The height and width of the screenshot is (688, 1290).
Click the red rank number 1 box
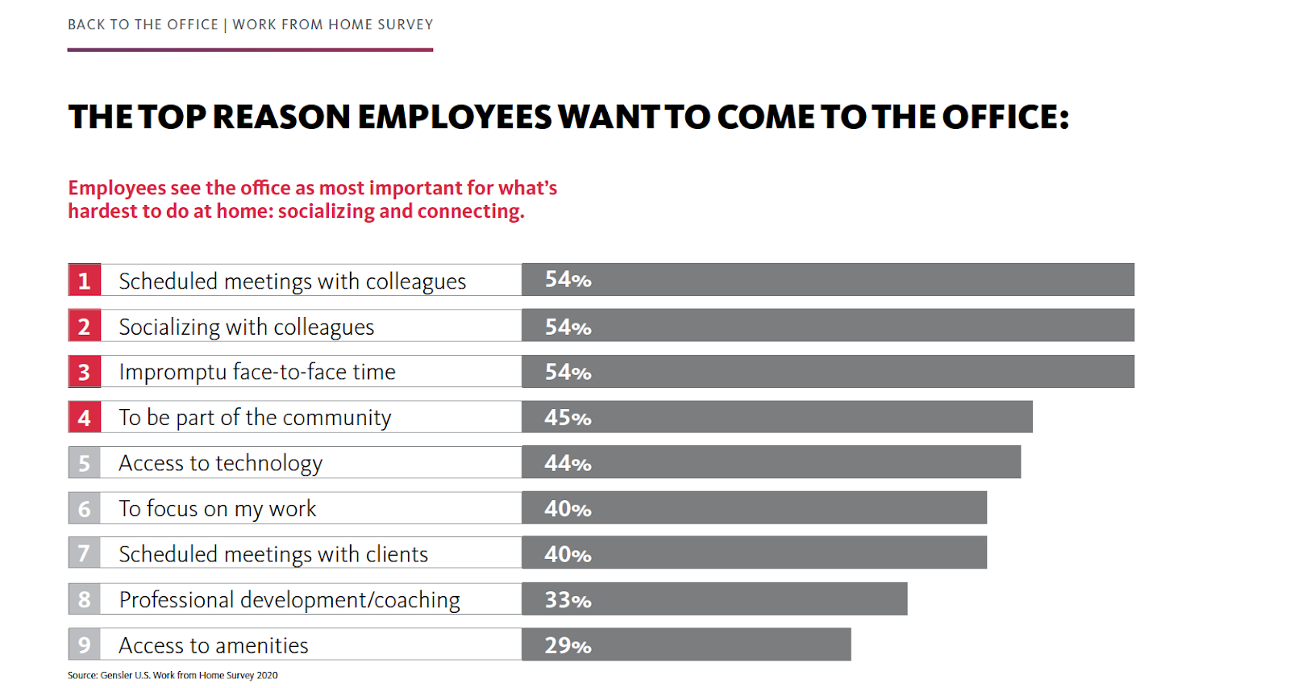84,280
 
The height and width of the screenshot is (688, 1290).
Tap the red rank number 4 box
84,417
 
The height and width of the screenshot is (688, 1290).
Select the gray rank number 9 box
84,644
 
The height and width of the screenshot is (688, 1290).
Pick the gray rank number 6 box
84,508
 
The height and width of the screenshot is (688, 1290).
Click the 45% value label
568,417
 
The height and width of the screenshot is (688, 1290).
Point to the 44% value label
568,463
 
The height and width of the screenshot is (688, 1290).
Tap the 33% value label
568,599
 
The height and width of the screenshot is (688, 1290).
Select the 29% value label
568,645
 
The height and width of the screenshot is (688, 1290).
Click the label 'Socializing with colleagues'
246,327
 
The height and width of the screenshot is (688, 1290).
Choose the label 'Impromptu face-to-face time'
256,372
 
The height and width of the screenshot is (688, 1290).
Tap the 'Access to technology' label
220,463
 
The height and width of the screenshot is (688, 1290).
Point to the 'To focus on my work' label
217,509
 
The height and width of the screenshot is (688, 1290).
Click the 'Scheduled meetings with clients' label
273,554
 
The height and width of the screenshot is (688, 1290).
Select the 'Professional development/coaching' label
289,600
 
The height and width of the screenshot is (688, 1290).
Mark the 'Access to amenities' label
213,645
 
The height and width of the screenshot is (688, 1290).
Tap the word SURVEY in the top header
405,24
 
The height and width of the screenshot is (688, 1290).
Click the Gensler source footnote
173,675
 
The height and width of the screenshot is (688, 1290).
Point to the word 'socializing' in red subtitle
326,211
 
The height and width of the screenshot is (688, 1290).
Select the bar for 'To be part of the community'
776,417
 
